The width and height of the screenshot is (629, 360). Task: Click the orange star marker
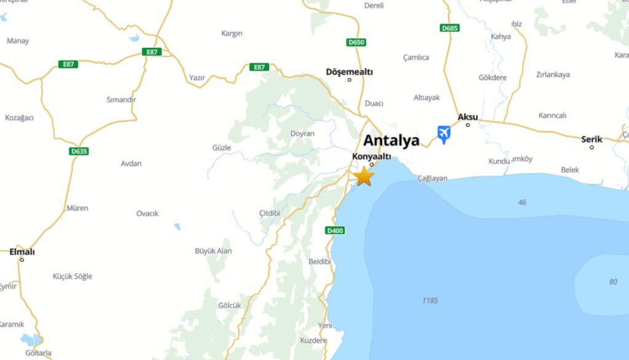(x=364, y=176)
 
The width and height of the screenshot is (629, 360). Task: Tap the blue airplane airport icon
(x=443, y=133)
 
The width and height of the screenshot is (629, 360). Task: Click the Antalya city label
(x=391, y=140)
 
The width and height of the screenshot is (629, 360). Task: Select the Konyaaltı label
(x=371, y=157)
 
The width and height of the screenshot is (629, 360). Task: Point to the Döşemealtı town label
(x=350, y=72)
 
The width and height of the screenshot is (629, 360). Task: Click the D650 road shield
(x=356, y=42)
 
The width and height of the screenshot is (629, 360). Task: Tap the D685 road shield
(x=450, y=28)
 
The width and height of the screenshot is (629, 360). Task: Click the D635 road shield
(x=79, y=151)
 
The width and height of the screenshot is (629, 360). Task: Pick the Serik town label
(x=592, y=139)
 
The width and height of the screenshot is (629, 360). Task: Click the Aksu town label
(x=467, y=117)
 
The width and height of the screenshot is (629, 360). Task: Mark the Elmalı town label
(x=22, y=252)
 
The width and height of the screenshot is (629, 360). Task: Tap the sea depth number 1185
(x=430, y=300)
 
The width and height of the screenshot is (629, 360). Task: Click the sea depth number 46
(x=522, y=202)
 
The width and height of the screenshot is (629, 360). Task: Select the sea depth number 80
(x=613, y=281)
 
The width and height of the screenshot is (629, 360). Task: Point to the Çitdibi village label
(x=270, y=213)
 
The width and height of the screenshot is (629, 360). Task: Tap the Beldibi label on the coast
(x=319, y=262)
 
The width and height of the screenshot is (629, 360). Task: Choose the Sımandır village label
(x=121, y=100)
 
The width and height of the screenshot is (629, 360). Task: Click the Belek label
(x=570, y=170)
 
